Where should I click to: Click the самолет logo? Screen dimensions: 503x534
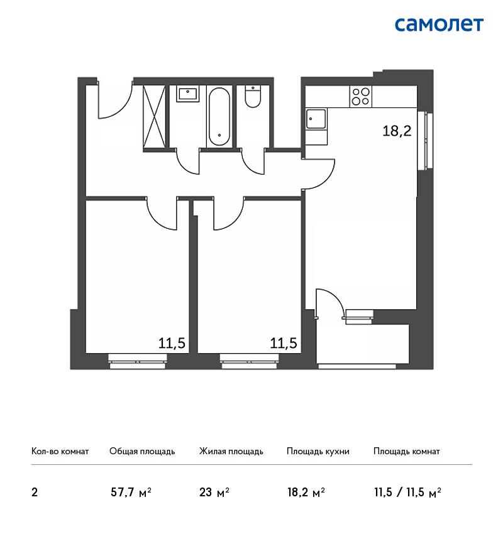click(439, 25)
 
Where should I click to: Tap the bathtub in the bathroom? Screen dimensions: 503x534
click(219, 116)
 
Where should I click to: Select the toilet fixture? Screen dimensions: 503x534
click(253, 96)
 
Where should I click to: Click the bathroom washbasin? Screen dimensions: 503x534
click(187, 94)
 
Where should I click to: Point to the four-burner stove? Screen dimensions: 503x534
click(360, 96)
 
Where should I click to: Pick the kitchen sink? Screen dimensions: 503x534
click(316, 119)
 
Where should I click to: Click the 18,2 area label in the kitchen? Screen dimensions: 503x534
click(397, 131)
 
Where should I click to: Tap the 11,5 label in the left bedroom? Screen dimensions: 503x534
click(172, 343)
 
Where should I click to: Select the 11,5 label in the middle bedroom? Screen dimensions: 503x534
click(284, 343)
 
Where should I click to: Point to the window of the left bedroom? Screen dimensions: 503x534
click(137, 361)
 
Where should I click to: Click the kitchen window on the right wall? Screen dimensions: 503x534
click(426, 140)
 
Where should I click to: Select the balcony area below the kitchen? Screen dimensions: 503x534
click(363, 344)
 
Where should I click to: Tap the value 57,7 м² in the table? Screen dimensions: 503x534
click(131, 493)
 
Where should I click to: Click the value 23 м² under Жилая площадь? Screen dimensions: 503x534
click(214, 493)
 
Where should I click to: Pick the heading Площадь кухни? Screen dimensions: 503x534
click(318, 452)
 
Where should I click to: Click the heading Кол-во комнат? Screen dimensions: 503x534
click(60, 452)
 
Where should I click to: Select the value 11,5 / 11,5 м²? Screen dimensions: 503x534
click(407, 493)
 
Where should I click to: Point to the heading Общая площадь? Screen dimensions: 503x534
click(142, 452)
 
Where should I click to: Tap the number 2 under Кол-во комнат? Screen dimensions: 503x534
click(35, 493)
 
